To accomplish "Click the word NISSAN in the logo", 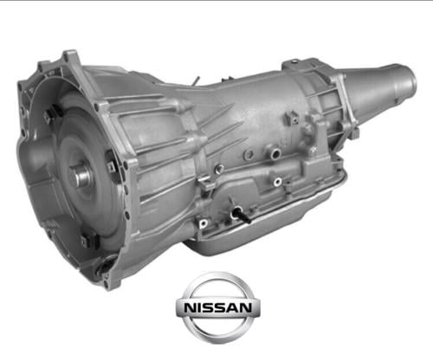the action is coord(218,308).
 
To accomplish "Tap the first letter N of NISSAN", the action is coord(190,308).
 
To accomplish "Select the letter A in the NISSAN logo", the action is coord(234,308).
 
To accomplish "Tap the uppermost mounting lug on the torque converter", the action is coord(50,113).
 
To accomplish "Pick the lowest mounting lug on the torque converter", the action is coord(89,240).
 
